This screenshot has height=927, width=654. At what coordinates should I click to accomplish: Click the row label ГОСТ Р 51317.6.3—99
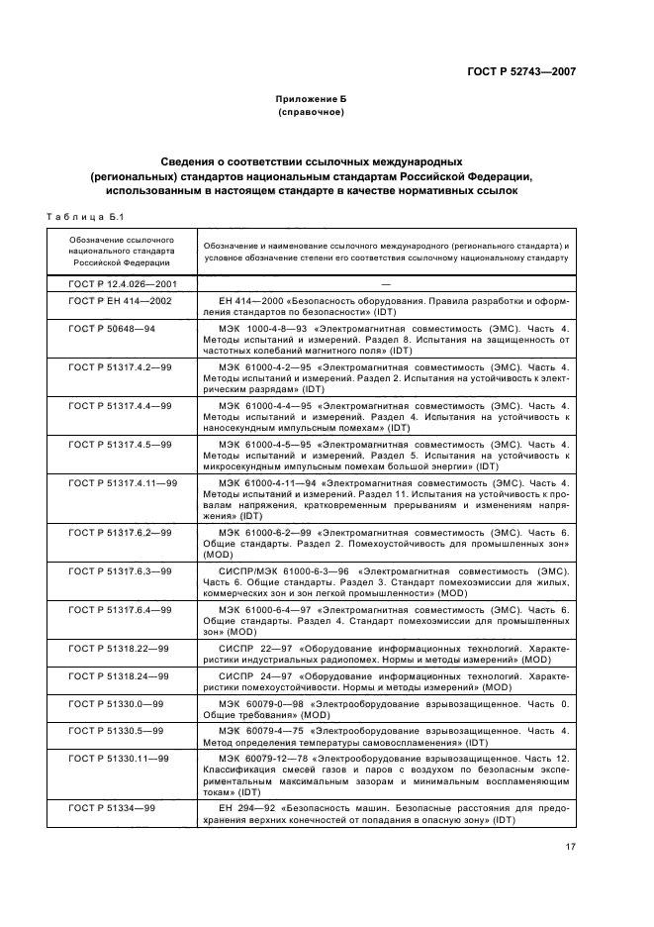(x=120, y=571)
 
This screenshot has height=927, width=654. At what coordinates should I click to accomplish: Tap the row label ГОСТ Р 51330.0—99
(x=116, y=703)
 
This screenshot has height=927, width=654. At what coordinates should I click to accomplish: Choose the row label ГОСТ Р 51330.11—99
(x=118, y=758)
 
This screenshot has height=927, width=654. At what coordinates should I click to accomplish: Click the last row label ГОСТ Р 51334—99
(x=112, y=808)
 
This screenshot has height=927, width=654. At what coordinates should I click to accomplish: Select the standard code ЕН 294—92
(x=245, y=808)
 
